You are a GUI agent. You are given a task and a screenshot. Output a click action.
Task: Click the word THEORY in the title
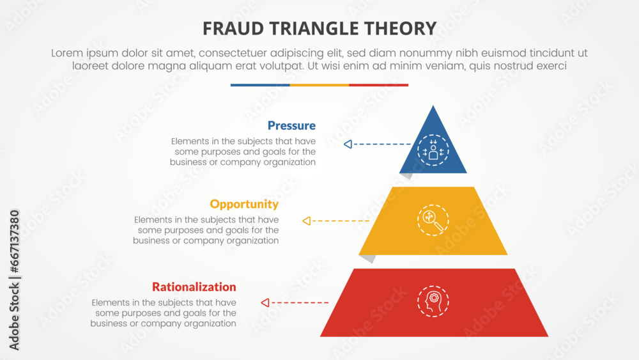pyautogui.click(x=406, y=28)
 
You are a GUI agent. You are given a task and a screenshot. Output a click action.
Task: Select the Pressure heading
pyautogui.click(x=291, y=125)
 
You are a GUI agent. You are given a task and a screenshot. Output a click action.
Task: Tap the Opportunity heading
pyautogui.click(x=244, y=204)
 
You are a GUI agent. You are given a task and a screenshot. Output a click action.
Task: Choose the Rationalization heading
pyautogui.click(x=194, y=286)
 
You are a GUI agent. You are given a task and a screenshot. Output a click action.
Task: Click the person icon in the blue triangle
pyautogui.click(x=433, y=152)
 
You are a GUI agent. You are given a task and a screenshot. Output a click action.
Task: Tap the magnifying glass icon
pyautogui.click(x=433, y=219)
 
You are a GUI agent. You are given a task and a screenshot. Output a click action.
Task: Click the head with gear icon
pyautogui.click(x=433, y=301)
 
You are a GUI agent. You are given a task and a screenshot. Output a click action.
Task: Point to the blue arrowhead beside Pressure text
pyautogui.click(x=348, y=145)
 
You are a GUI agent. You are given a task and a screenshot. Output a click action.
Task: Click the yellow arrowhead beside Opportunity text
pyautogui.click(x=306, y=221)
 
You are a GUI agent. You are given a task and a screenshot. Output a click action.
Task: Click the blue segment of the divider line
pyautogui.click(x=260, y=84)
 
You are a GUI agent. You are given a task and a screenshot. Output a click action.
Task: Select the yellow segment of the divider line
pyautogui.click(x=319, y=84)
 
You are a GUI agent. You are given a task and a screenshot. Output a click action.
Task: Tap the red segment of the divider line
pyautogui.click(x=378, y=84)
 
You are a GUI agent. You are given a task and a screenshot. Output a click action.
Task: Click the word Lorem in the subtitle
pyautogui.click(x=69, y=53)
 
